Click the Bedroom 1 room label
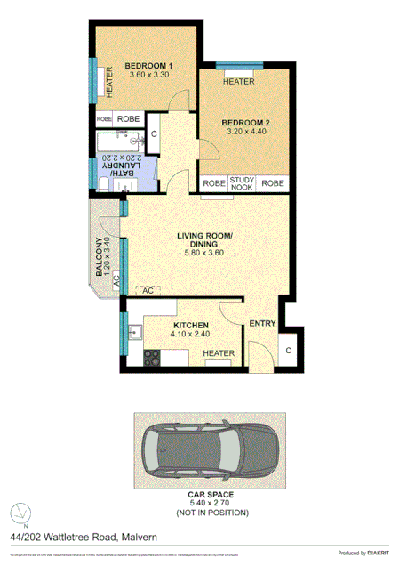click(x=148, y=66)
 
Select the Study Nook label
click(x=242, y=183)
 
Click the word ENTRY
click(x=263, y=323)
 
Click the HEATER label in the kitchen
click(x=219, y=354)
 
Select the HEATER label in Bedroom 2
click(x=239, y=82)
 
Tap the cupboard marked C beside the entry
click(x=290, y=350)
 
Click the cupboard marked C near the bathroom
click(x=154, y=134)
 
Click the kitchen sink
click(x=135, y=334)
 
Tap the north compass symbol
click(x=20, y=513)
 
